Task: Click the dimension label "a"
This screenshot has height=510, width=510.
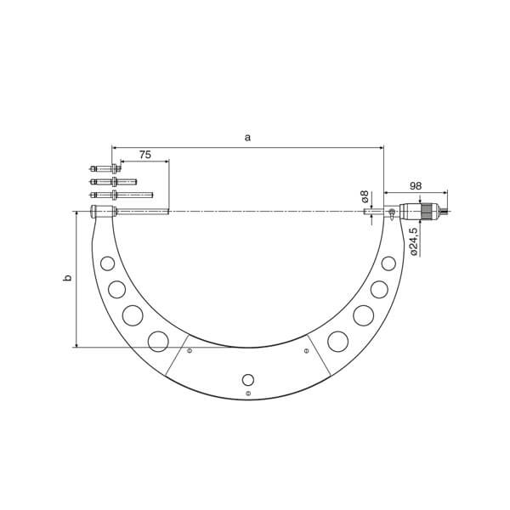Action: [247, 137]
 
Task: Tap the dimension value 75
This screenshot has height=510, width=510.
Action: [144, 155]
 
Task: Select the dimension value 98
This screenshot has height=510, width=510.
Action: [416, 186]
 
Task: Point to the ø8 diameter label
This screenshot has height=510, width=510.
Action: [365, 196]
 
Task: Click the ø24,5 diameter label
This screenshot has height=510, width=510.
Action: [413, 241]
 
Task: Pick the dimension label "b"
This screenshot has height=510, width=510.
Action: [68, 278]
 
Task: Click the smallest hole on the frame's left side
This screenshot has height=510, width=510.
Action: [107, 263]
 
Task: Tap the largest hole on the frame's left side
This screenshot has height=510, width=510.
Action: [158, 342]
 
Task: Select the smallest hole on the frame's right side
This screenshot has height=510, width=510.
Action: [388, 263]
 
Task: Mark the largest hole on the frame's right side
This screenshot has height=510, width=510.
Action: [337, 342]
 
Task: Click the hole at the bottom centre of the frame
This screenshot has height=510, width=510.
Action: [247, 379]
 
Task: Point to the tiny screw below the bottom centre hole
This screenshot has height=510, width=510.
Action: [247, 394]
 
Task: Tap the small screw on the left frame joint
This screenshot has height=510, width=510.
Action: [190, 350]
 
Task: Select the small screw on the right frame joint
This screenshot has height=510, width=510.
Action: [306, 350]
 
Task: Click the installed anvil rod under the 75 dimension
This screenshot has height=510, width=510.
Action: [141, 212]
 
